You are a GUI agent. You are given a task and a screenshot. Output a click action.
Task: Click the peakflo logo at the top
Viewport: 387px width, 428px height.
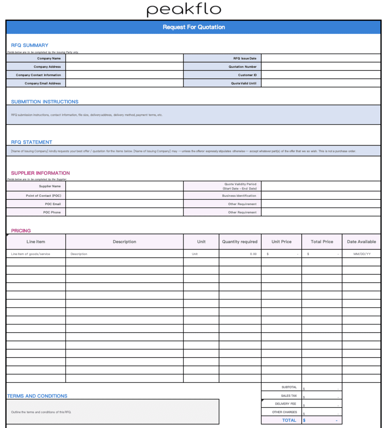183,10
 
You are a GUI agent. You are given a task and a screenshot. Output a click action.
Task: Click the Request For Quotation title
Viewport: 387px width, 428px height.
193,27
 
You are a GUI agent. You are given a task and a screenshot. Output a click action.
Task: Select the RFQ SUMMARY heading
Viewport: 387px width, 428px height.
30,45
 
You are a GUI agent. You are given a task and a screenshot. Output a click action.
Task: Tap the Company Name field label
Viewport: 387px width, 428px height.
49,59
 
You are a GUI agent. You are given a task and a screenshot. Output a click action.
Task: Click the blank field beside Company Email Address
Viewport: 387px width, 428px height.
124,83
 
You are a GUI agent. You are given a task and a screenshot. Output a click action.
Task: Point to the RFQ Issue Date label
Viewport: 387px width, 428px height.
244,59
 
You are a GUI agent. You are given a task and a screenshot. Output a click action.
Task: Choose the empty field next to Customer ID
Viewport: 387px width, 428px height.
321,75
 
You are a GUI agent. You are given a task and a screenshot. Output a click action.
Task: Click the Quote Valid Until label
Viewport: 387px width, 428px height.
244,83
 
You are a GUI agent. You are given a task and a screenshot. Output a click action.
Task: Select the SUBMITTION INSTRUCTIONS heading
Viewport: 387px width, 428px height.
45,102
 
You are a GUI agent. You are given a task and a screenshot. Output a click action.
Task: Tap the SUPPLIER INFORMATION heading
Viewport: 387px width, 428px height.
41,173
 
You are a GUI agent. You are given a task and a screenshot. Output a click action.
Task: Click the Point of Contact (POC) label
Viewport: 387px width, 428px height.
43,196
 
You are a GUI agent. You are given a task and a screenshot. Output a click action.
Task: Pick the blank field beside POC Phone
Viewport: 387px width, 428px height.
124,212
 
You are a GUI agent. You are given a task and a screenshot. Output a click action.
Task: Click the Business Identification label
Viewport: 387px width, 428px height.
239,196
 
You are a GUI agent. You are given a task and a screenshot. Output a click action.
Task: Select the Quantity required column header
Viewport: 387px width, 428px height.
240,242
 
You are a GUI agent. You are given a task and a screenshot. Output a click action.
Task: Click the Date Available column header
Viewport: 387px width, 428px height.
362,242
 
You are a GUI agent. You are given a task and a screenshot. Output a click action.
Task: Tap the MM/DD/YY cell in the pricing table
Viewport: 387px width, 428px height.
362,254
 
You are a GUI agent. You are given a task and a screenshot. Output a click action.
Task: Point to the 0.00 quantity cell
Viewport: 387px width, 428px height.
253,254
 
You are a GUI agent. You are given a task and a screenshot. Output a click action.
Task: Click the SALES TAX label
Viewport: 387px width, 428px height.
289,395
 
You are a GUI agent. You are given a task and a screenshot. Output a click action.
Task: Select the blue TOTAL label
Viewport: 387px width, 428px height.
289,420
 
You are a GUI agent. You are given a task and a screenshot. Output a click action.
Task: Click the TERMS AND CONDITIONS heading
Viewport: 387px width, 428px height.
37,396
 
